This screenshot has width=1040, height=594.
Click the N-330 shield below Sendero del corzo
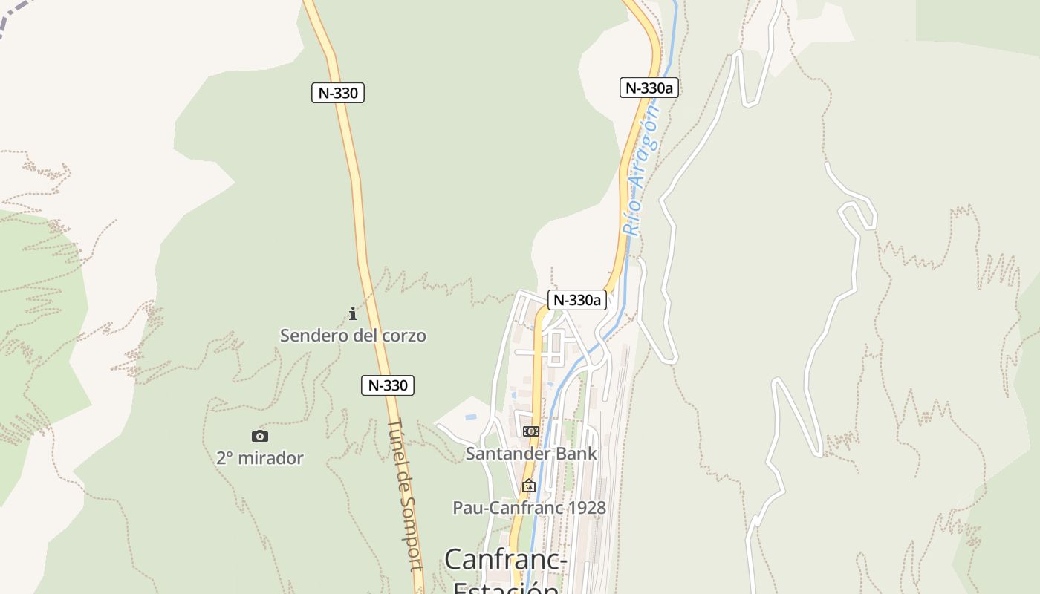pos(387,385)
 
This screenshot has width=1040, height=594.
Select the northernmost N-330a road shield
pos(649,88)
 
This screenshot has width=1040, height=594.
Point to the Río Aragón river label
pos(642,171)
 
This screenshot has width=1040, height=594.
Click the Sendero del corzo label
pos(353,336)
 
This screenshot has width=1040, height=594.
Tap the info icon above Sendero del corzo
pos(353,314)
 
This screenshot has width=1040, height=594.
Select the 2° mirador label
pos(260,458)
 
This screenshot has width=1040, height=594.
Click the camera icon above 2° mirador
pos(260,437)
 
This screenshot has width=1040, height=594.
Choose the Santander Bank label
pos(531,453)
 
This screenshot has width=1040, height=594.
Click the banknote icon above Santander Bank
pos(530,431)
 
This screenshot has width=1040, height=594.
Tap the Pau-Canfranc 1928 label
pos(529,508)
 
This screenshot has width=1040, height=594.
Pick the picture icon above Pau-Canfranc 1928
pos(529,486)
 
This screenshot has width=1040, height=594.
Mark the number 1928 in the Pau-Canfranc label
pos(585,508)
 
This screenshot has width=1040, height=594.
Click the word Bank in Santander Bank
pos(576,453)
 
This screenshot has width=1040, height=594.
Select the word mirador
pos(271,458)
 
